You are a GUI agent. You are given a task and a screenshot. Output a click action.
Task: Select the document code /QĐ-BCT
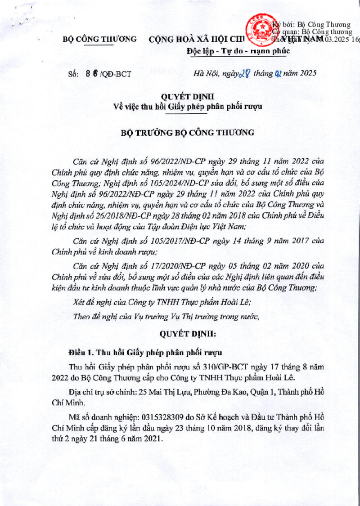(x=116, y=74)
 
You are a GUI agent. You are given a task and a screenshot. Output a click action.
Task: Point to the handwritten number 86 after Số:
(x=91, y=74)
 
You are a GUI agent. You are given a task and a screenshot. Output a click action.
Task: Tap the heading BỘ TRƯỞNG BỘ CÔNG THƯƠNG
(x=189, y=133)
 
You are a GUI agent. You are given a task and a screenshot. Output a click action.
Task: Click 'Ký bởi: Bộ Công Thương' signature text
(x=310, y=24)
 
